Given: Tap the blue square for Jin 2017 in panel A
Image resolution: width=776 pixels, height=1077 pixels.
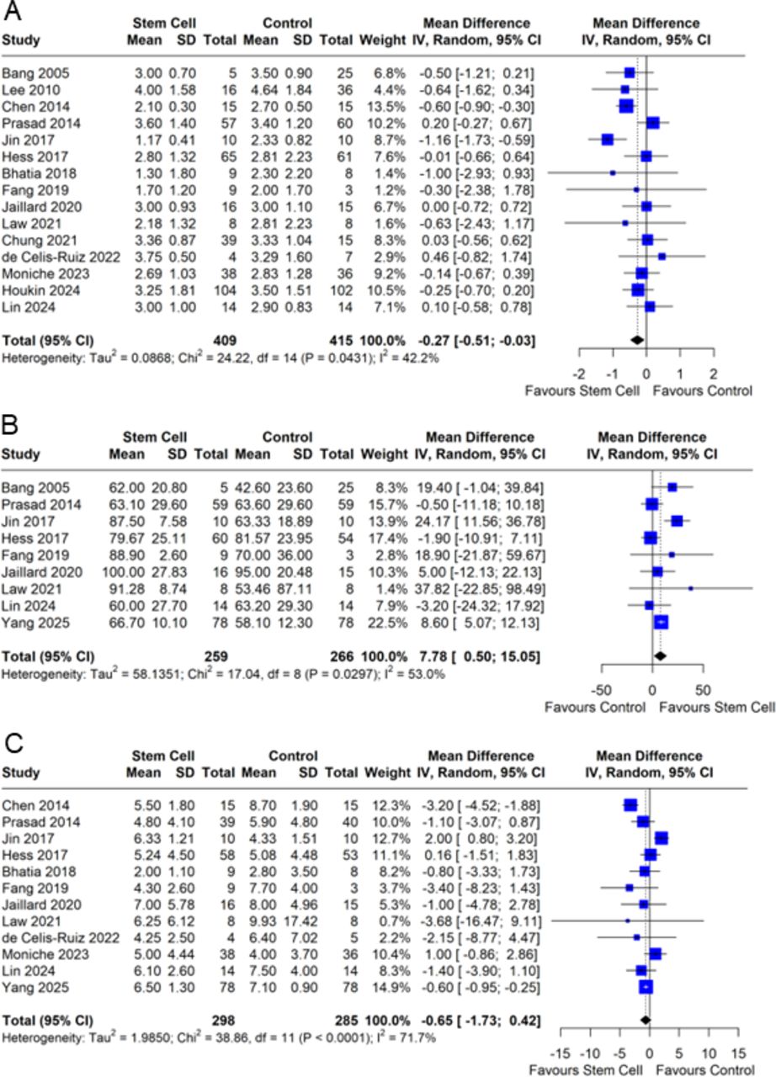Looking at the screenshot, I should pos(608,139).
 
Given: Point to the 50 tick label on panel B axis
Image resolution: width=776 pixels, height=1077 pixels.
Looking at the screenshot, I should pos(703,687).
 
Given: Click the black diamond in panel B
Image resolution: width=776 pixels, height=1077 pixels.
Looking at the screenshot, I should pos(660,655).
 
